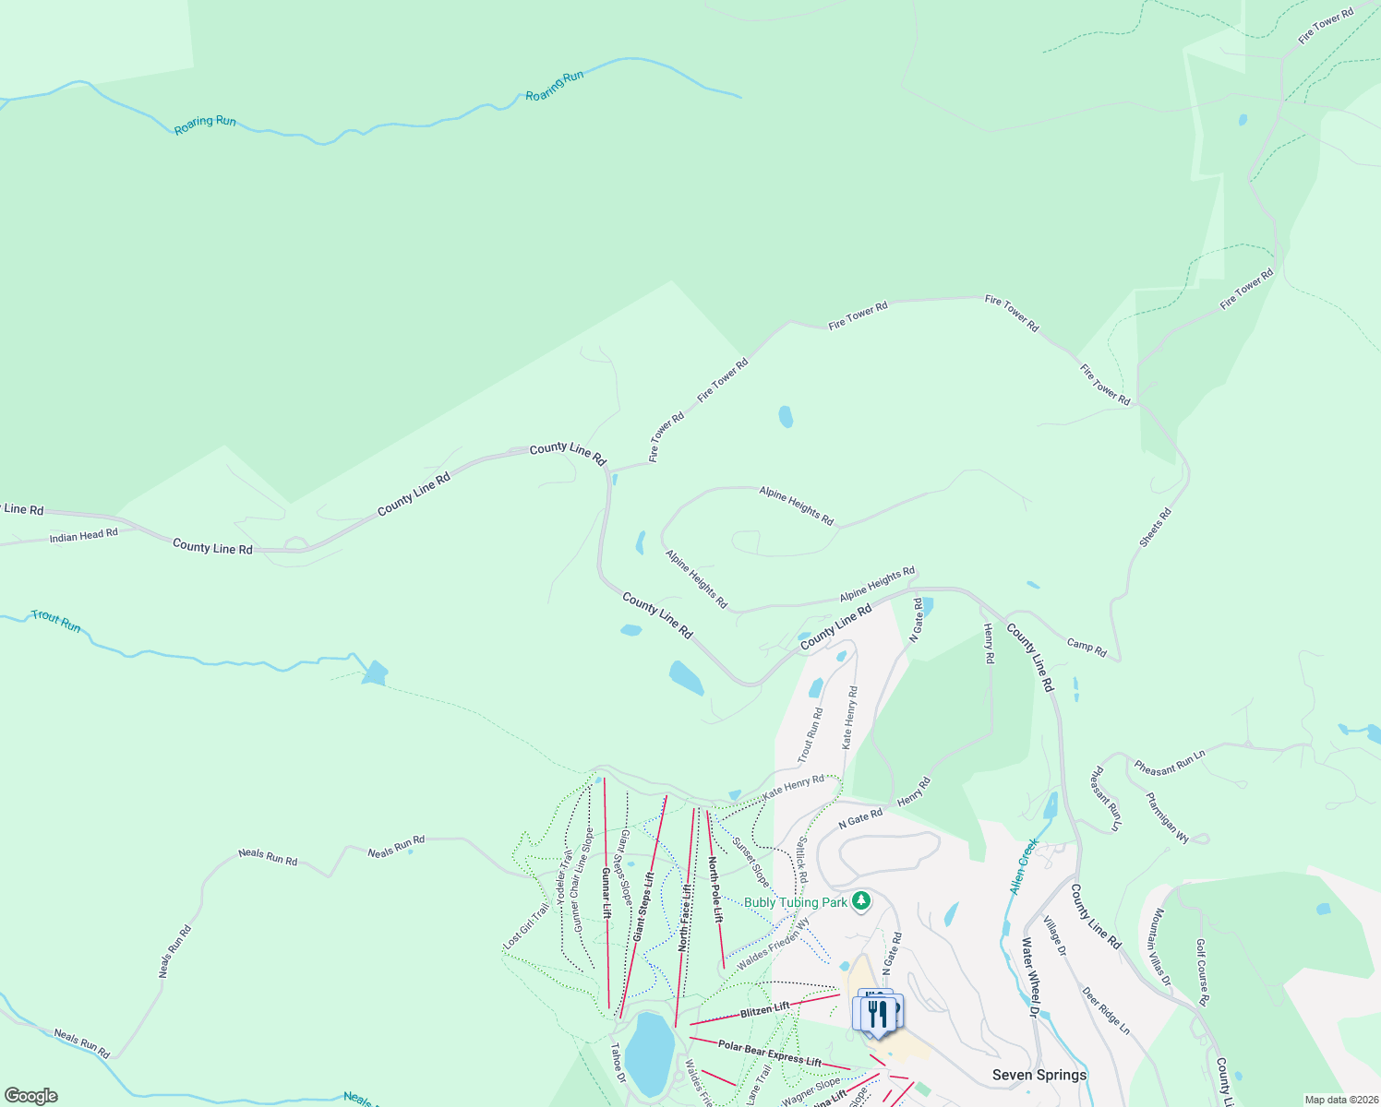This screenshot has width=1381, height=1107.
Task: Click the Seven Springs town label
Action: pyautogui.click(x=1039, y=1075)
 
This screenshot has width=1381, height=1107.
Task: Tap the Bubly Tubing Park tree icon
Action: pyautogui.click(x=861, y=900)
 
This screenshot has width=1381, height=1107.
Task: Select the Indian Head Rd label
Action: pyautogui.click(x=84, y=535)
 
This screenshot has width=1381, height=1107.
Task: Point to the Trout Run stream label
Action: pyautogui.click(x=56, y=621)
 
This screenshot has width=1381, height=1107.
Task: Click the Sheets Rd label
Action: pyautogui.click(x=1155, y=527)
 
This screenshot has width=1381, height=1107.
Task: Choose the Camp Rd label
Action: pyautogui.click(x=1087, y=647)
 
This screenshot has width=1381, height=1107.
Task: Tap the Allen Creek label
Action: pyautogui.click(x=1024, y=866)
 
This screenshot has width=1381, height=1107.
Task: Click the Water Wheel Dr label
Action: pyautogui.click(x=1030, y=977)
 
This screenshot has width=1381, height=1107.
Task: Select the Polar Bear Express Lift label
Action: pyautogui.click(x=769, y=1053)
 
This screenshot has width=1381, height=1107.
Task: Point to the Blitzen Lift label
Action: pyautogui.click(x=764, y=1010)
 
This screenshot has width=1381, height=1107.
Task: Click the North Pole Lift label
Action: pyautogui.click(x=715, y=888)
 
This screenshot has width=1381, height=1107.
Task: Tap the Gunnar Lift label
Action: pyautogui.click(x=606, y=893)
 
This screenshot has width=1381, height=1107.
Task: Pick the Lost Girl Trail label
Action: pyautogui.click(x=527, y=925)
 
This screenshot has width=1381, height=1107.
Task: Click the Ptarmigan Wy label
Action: pyautogui.click(x=1168, y=816)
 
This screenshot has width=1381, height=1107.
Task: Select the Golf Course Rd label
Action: pyautogui.click(x=1202, y=972)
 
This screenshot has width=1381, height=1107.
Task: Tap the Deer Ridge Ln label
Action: pyautogui.click(x=1105, y=1010)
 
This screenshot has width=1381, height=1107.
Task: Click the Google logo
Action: pyautogui.click(x=31, y=1096)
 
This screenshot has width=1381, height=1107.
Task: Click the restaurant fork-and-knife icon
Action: pyautogui.click(x=878, y=1013)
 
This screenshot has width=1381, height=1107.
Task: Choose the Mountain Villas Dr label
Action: pyautogui.click(x=1160, y=946)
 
